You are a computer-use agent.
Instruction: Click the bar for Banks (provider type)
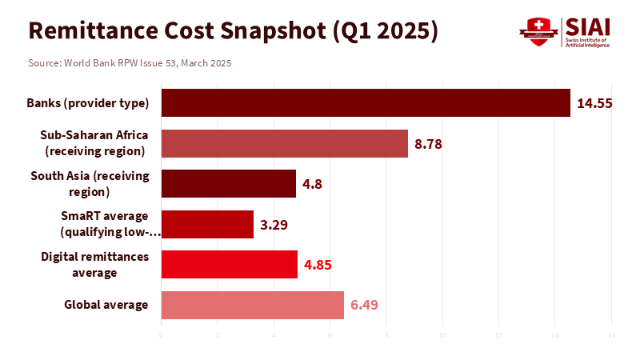click(366, 103)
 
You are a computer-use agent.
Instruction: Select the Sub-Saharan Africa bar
click(284, 143)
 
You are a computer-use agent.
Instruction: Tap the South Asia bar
click(228, 183)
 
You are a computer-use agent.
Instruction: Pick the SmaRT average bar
click(207, 224)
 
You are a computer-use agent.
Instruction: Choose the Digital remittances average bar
click(229, 264)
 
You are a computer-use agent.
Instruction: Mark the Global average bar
click(252, 305)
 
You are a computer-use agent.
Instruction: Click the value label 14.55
click(595, 103)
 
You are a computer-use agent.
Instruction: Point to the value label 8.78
click(429, 144)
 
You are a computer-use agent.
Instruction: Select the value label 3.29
click(274, 224)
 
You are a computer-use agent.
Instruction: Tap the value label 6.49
click(365, 305)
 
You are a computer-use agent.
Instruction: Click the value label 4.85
click(318, 264)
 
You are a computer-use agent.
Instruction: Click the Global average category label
click(106, 305)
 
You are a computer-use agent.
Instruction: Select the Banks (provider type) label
click(88, 103)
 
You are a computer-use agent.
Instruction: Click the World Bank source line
click(130, 62)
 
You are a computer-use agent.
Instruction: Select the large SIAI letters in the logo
click(587, 27)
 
